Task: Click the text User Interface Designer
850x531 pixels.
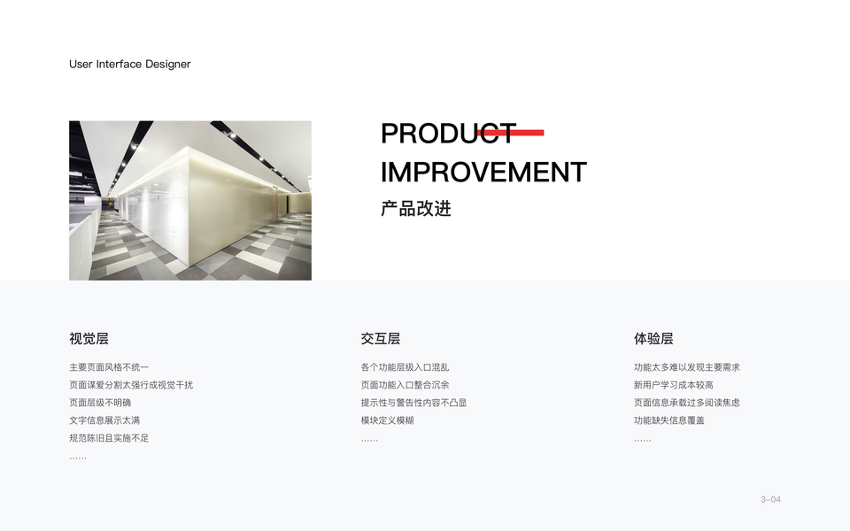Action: [129, 64]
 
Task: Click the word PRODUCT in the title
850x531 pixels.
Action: [448, 134]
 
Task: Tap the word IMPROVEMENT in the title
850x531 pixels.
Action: [483, 173]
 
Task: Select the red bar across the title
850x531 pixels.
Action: [511, 133]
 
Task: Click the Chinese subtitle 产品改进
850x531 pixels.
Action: [416, 209]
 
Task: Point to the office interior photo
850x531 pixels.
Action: [190, 201]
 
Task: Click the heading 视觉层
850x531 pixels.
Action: [89, 339]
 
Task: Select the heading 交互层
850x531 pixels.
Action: [381, 339]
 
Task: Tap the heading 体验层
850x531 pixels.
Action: [653, 339]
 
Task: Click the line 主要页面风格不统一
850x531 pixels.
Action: [109, 367]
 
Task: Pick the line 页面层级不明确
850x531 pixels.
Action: [100, 403]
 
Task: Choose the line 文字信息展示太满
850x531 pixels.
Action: [104, 420]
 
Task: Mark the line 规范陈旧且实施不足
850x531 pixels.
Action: [109, 438]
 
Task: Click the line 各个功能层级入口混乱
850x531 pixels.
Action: [405, 367]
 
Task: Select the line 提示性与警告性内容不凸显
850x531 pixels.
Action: [413, 403]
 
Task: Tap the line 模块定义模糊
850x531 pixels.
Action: [387, 420]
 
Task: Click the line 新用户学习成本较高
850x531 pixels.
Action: [673, 385]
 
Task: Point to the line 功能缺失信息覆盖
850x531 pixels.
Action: [669, 420]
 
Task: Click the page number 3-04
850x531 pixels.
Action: [770, 499]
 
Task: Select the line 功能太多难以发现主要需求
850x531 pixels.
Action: [687, 367]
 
